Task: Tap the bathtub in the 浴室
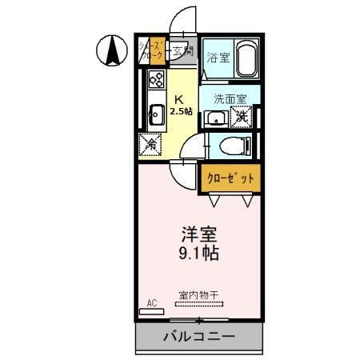tap(242, 58)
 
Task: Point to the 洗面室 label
tap(229, 100)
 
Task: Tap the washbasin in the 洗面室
tap(214, 118)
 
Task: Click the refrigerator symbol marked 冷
tap(150, 145)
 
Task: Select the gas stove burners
tap(155, 79)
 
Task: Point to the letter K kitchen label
tap(180, 99)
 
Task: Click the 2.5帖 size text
tap(181, 111)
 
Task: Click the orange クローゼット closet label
tap(228, 178)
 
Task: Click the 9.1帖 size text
tap(198, 255)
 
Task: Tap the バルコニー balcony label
tap(198, 337)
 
